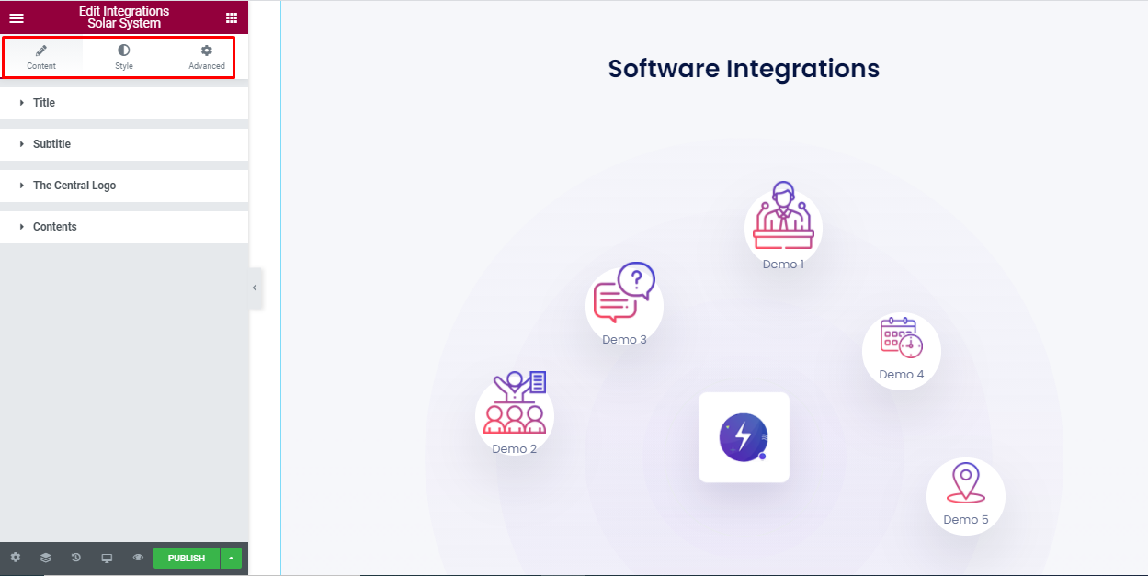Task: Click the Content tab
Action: click(x=41, y=57)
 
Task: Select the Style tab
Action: click(x=124, y=57)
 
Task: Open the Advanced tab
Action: click(x=207, y=57)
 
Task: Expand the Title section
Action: click(x=44, y=103)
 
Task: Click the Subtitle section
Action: click(x=51, y=144)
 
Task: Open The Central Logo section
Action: click(x=74, y=186)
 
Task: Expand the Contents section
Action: click(x=55, y=227)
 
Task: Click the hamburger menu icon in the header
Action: click(x=17, y=17)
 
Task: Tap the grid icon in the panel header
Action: click(x=231, y=17)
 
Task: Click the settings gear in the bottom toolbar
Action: click(x=16, y=558)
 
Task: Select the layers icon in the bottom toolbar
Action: click(x=46, y=558)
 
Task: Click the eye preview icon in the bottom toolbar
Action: click(x=138, y=558)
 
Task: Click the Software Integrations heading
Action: click(x=744, y=69)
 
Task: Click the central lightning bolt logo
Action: click(x=744, y=437)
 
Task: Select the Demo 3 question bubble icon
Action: click(x=624, y=294)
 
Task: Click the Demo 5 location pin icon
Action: click(x=965, y=484)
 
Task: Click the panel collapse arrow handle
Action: click(x=255, y=288)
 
